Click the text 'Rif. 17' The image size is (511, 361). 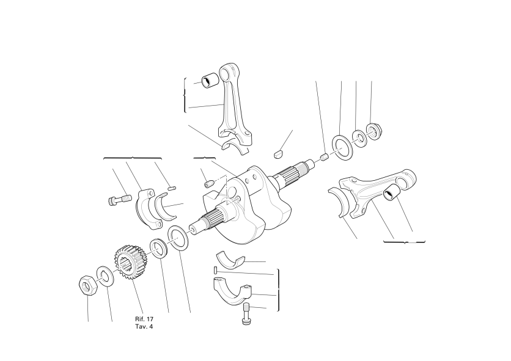click(x=144, y=319)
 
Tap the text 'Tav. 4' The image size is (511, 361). click(x=144, y=326)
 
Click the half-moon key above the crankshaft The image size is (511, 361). click(x=278, y=153)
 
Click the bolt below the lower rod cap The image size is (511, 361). click(x=247, y=313)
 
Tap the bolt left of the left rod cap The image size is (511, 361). click(x=119, y=199)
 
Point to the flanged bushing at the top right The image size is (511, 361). click(x=374, y=131)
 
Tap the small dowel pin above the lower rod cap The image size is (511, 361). click(x=216, y=270)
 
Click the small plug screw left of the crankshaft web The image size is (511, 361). click(x=209, y=184)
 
